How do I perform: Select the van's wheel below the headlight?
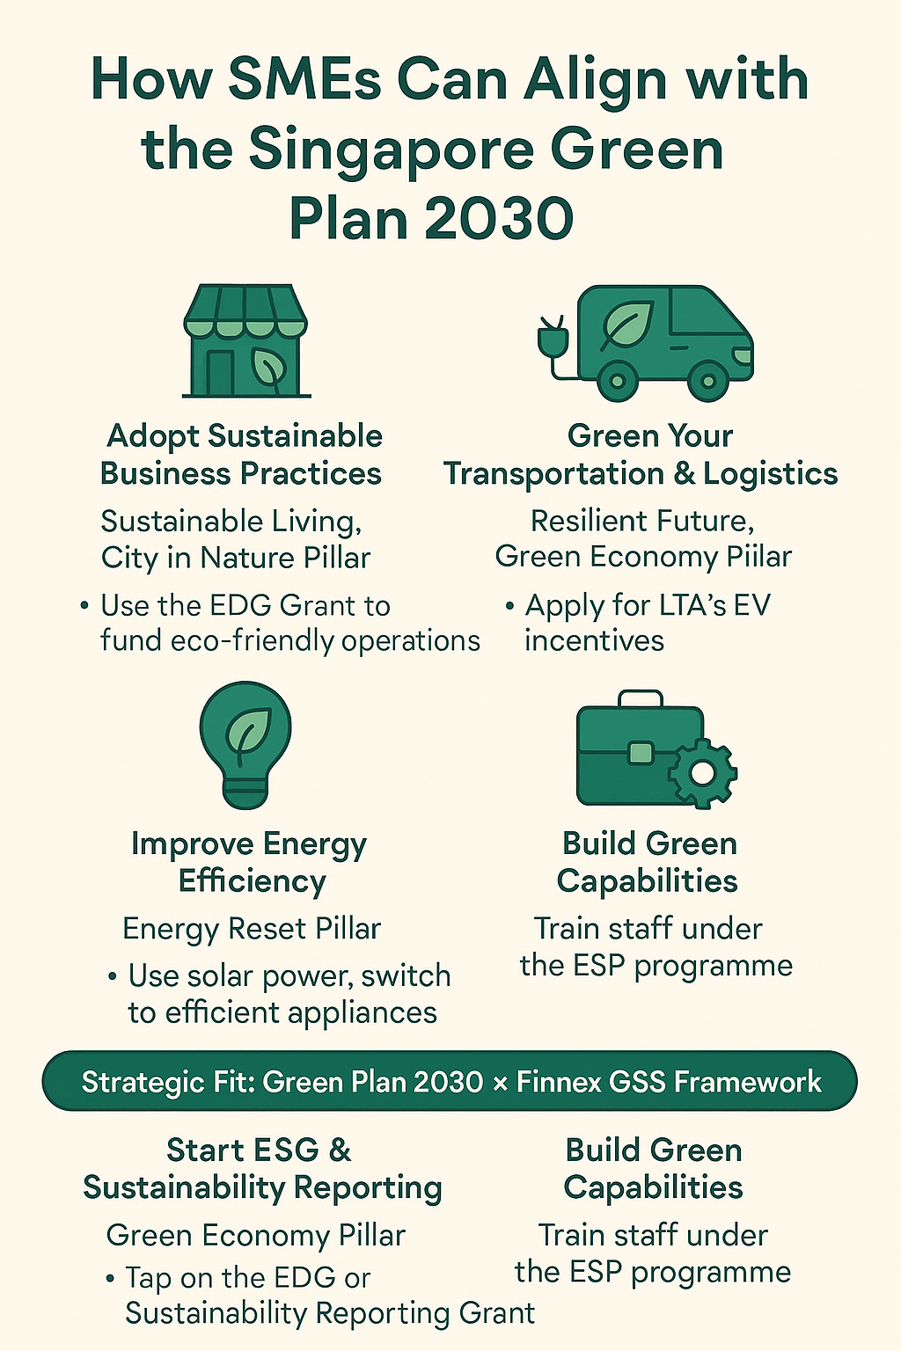click(708, 381)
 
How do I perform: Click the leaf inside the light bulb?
click(248, 732)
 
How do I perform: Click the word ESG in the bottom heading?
click(284, 1150)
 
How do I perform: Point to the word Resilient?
click(590, 521)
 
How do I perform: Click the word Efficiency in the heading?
click(253, 881)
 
